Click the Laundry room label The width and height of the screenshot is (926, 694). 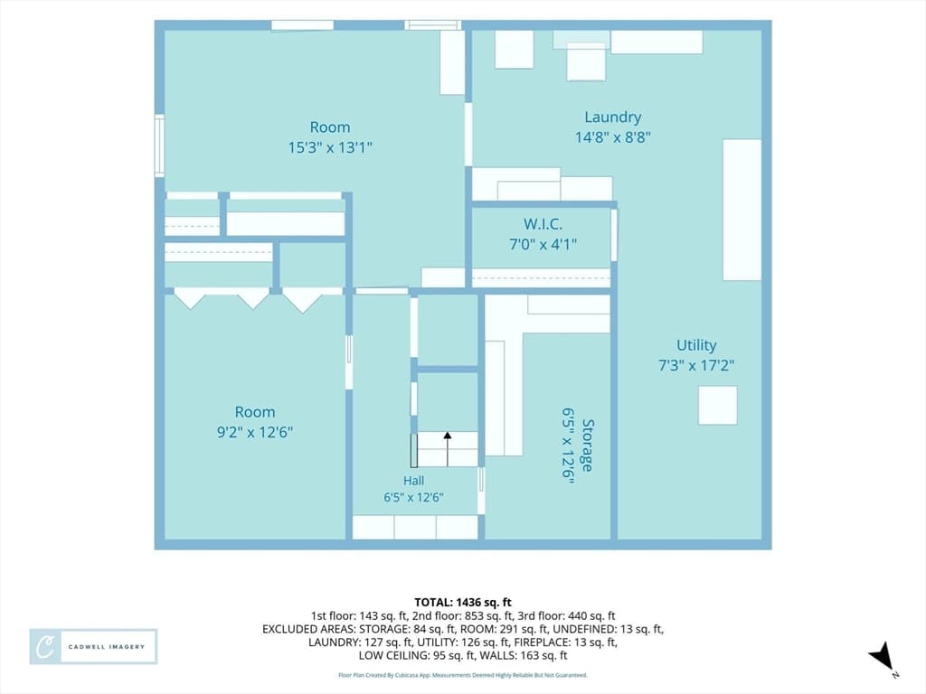[612, 117]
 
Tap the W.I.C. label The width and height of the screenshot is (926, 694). [543, 224]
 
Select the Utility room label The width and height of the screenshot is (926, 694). [696, 346]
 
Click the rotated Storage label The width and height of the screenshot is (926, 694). [588, 445]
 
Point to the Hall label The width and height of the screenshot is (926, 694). [413, 481]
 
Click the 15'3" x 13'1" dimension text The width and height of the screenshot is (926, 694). [330, 147]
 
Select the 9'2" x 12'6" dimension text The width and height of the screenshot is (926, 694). [254, 432]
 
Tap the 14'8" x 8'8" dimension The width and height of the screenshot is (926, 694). [613, 137]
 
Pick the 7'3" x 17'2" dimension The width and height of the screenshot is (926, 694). [696, 366]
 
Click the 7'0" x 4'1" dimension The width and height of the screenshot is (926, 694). [543, 244]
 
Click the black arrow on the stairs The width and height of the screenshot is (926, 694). [448, 449]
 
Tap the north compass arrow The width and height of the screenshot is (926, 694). [883, 657]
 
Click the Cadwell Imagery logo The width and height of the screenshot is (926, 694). [93, 647]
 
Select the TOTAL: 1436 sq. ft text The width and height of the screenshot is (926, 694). [463, 603]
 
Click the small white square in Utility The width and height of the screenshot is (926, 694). [717, 406]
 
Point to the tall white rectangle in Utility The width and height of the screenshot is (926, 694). [742, 210]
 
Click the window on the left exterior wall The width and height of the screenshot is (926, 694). [159, 145]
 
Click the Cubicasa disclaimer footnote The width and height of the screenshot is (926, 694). [463, 675]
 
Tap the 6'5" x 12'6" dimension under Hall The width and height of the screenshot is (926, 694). [413, 498]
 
